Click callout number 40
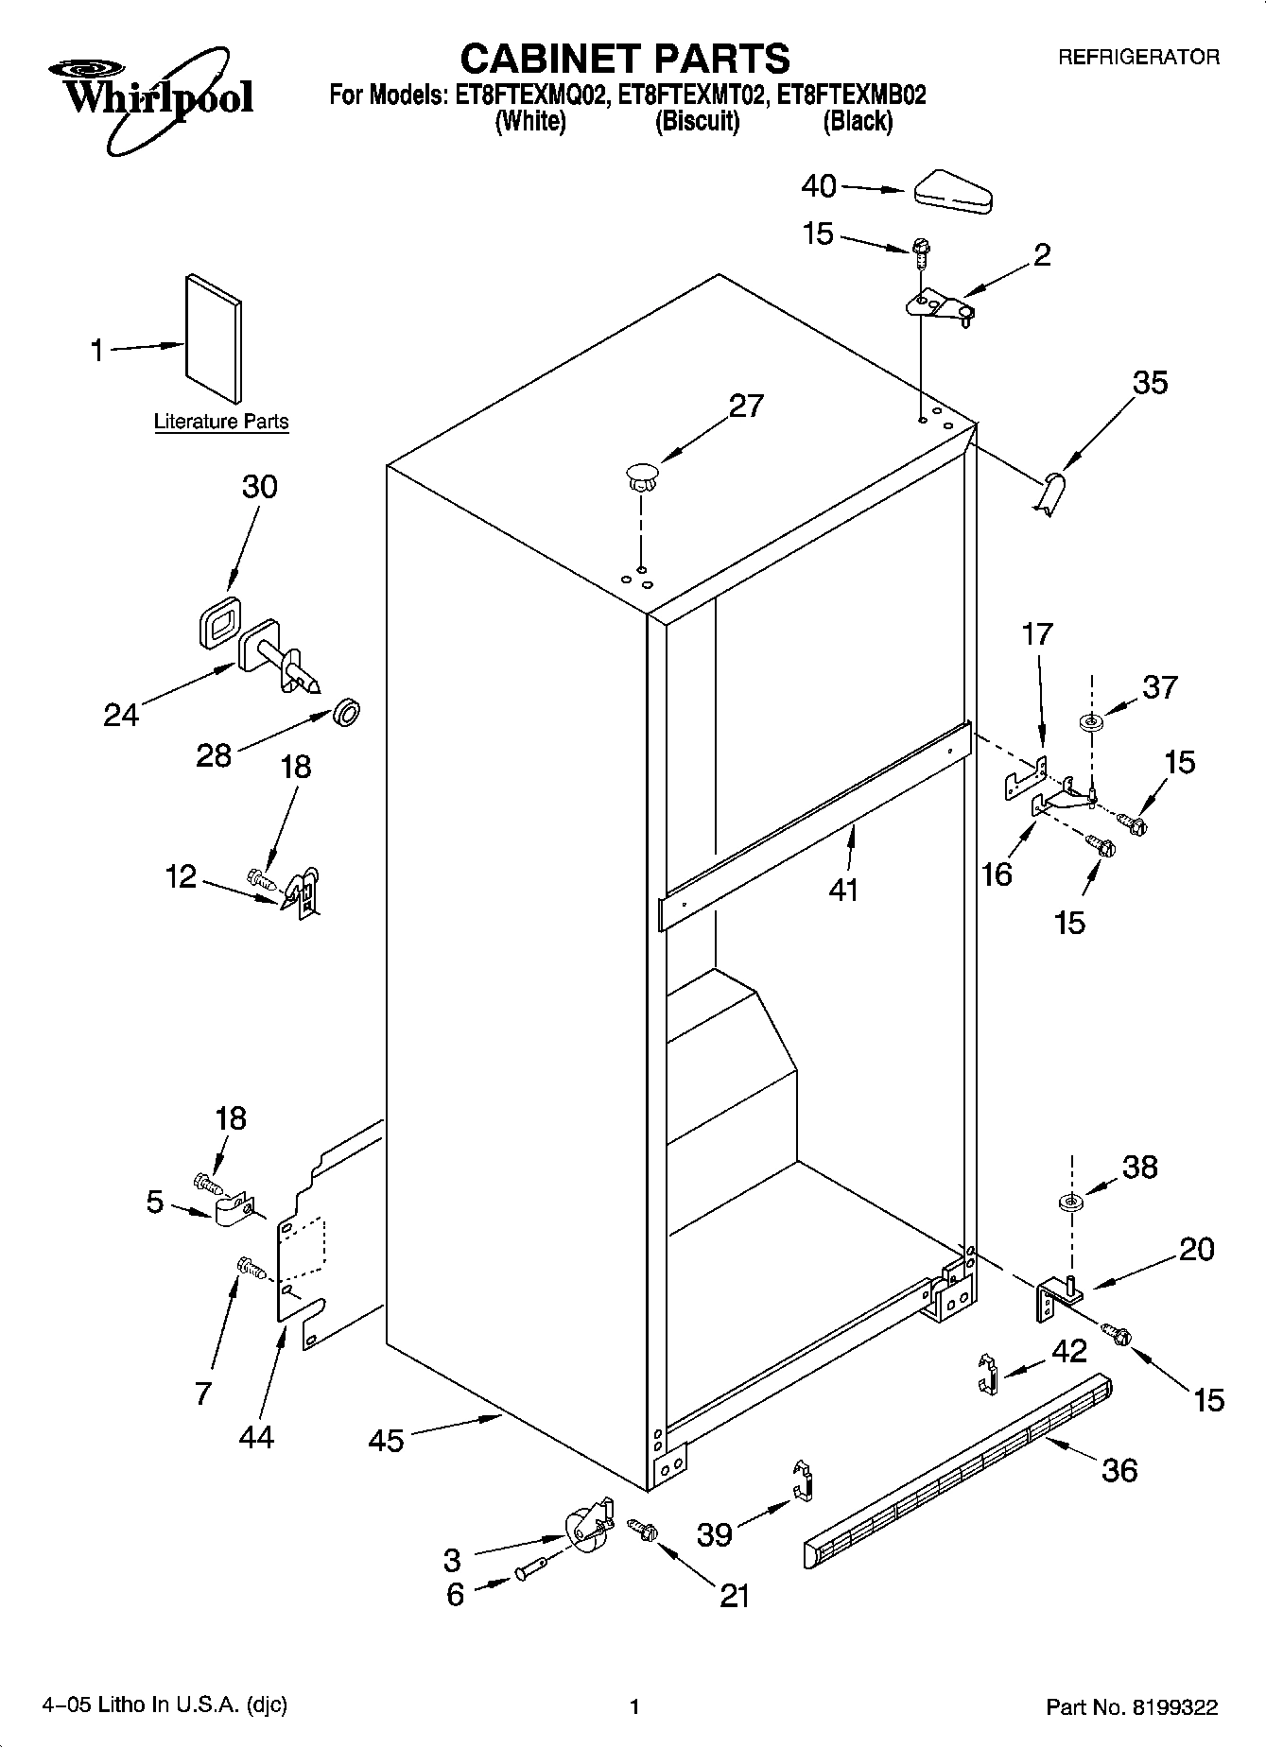819,186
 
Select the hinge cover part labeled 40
952,189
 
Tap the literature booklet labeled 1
213,337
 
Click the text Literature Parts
221,422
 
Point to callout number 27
746,406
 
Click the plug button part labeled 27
641,474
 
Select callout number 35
1150,383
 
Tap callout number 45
386,1441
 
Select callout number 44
256,1437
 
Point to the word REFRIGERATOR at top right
1137,58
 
